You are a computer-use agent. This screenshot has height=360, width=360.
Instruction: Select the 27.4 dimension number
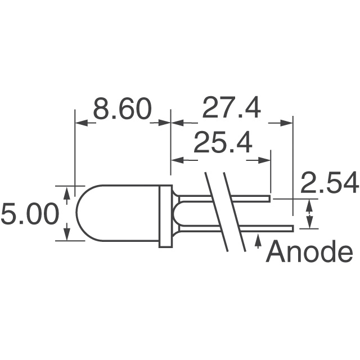click(231, 109)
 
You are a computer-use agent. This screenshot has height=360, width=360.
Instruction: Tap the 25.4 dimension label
click(223, 145)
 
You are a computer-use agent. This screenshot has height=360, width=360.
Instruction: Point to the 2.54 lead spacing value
click(330, 184)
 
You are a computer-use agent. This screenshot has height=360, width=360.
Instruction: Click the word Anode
click(309, 253)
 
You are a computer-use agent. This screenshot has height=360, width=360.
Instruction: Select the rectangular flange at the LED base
click(165, 216)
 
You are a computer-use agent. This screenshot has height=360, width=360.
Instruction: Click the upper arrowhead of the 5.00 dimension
click(67, 192)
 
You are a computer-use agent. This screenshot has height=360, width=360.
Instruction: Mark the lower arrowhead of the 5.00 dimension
click(67, 235)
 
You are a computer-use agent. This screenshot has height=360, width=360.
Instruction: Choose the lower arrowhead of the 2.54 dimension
click(308, 223)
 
